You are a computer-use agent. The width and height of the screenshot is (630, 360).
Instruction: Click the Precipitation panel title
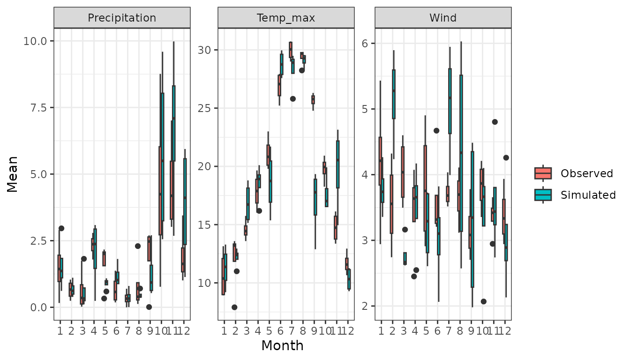(122, 18)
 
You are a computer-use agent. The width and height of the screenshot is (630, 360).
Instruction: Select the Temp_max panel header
(285, 18)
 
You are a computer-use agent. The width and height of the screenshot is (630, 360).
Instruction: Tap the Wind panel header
(443, 18)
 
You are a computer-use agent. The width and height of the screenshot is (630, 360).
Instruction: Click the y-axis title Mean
(13, 174)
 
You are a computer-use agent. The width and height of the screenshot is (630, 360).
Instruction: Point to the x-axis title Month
(282, 346)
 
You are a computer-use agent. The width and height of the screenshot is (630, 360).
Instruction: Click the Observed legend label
(587, 173)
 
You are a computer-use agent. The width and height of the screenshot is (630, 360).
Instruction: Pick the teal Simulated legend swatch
(543, 195)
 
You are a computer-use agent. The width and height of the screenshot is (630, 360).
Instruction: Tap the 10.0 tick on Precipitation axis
(35, 41)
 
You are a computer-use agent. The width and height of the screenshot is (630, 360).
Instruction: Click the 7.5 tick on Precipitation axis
(38, 108)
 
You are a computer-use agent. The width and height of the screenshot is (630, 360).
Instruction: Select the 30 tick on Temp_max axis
(208, 50)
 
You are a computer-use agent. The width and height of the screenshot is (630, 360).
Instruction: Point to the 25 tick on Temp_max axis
(208, 108)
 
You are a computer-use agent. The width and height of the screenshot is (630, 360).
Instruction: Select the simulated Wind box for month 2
(394, 94)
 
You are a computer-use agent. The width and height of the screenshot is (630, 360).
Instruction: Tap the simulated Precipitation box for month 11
(173, 123)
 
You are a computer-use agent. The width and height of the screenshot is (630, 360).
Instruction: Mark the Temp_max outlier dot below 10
(234, 307)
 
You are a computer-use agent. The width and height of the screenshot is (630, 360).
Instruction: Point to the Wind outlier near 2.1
(483, 301)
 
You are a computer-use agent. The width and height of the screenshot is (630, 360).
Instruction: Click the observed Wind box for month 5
(425, 188)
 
